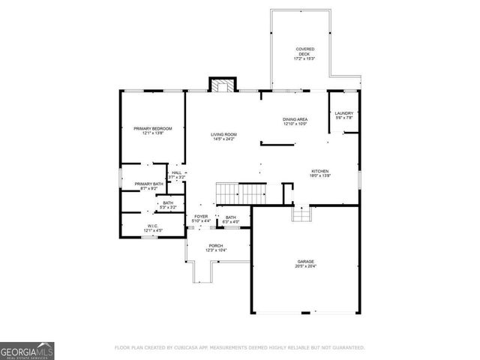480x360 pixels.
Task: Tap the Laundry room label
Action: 343,113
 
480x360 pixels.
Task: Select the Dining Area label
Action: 295,119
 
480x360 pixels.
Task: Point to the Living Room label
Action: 223,134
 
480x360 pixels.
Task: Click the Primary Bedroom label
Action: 153,129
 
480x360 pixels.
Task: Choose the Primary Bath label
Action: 148,184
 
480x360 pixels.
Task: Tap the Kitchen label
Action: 320,171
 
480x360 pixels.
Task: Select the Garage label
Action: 305,261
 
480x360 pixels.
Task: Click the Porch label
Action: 216,245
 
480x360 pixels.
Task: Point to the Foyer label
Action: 201,217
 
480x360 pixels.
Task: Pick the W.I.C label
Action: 151,226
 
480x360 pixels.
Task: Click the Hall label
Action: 176,172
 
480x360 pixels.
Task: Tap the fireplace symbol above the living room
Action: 222,85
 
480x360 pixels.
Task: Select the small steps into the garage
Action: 301,215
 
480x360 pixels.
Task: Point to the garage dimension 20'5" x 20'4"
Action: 305,266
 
